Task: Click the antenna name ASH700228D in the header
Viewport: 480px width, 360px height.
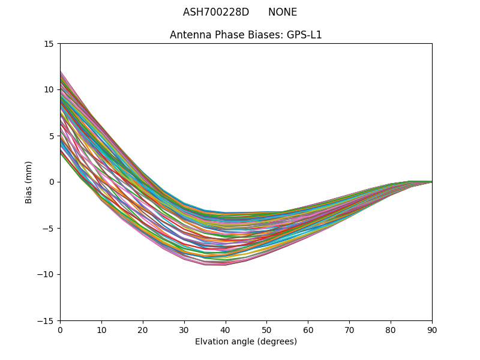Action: point(216,12)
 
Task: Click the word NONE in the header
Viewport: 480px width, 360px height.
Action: point(283,12)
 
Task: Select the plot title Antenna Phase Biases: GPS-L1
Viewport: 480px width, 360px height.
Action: point(246,35)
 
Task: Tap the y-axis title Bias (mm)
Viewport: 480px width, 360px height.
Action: point(29,182)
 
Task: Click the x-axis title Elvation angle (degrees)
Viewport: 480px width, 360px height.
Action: point(246,342)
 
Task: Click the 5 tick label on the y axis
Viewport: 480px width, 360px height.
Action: point(52,136)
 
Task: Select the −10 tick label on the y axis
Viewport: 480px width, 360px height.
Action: point(47,275)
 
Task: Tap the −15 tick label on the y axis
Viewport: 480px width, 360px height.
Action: point(47,321)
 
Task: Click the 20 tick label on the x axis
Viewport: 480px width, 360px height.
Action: point(143,330)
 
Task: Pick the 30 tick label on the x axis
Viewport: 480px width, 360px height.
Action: point(184,330)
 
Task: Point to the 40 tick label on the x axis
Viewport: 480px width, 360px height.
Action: point(226,330)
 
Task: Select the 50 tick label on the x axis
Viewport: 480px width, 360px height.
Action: point(266,330)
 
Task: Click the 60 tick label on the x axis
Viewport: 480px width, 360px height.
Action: point(308,330)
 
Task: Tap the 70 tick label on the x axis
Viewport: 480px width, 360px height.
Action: point(349,330)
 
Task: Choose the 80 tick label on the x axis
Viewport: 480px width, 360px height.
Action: point(391,330)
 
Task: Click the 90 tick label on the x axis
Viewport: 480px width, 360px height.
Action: point(432,330)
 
